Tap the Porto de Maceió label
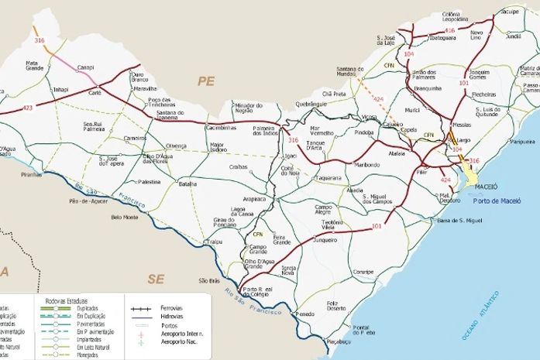pyautogui.click(x=496, y=201)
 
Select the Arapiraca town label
pyautogui.click(x=255, y=199)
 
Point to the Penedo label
pyautogui.click(x=305, y=314)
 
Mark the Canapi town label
pyautogui.click(x=86, y=67)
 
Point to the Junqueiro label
pyautogui.click(x=325, y=240)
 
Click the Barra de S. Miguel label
pyautogui.click(x=461, y=221)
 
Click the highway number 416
pyautogui.click(x=450, y=29)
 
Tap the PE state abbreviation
pyautogui.click(x=205, y=81)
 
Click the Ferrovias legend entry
pyautogui.click(x=171, y=308)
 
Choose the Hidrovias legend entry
pyautogui.click(x=171, y=317)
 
